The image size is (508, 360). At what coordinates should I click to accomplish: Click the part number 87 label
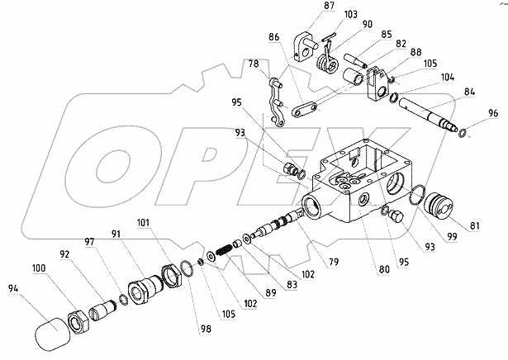click(x=307, y=7)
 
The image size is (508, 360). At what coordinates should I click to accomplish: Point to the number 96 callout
click(x=492, y=113)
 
